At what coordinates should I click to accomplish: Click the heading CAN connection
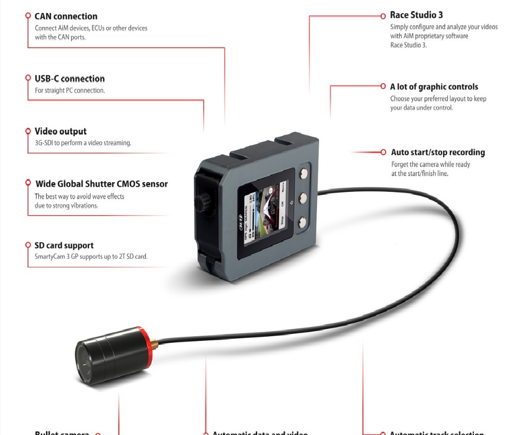(66, 17)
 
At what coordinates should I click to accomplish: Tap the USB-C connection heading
(70, 79)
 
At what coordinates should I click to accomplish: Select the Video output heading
(60, 131)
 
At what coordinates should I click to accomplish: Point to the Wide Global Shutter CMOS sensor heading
(101, 184)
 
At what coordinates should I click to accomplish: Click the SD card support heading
(64, 245)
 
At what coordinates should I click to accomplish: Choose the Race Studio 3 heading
(416, 15)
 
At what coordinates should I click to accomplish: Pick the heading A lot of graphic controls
(434, 87)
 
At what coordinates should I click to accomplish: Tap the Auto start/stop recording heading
(438, 153)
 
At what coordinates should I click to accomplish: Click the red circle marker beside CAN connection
(28, 16)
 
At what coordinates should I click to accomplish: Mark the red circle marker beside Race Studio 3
(383, 16)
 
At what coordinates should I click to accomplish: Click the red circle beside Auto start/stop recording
(383, 153)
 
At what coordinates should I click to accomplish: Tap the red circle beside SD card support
(28, 245)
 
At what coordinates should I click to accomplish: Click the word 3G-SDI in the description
(40, 143)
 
